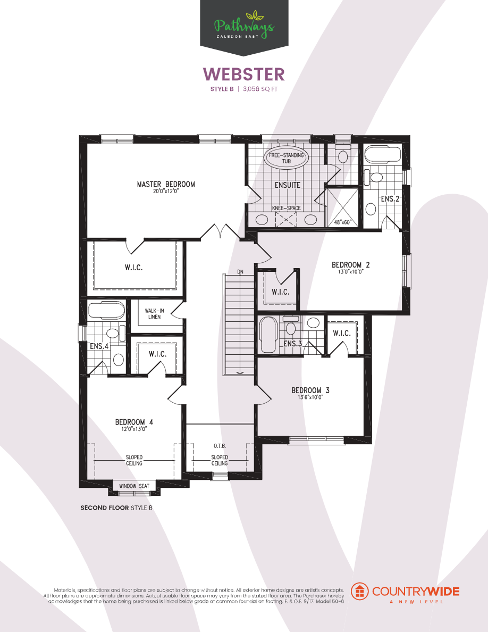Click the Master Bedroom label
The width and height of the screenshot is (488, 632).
click(165, 185)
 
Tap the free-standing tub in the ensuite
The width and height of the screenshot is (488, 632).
click(287, 158)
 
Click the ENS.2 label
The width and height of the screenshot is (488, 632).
click(390, 199)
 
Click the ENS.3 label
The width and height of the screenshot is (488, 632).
click(292, 344)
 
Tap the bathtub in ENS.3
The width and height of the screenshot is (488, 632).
click(268, 335)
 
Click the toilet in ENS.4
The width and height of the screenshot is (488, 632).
click(112, 334)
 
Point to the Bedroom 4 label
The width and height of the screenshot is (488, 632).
click(134, 422)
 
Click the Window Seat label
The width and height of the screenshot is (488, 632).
click(134, 486)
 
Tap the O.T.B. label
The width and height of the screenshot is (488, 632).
click(220, 445)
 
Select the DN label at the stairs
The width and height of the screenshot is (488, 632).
click(240, 272)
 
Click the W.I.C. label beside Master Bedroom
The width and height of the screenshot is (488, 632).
click(134, 268)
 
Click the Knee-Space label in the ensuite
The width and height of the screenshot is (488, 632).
click(287, 208)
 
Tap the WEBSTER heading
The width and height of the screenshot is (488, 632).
click(244, 73)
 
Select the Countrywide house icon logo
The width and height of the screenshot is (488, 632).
click(361, 591)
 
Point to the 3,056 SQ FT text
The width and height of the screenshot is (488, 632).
click(260, 89)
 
